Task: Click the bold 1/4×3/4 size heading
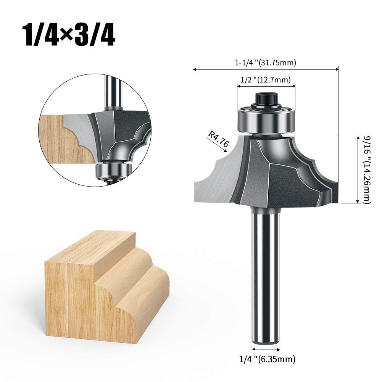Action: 68,35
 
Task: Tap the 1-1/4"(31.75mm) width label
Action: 265,63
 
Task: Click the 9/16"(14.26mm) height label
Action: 367,170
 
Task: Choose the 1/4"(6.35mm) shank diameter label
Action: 268,359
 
